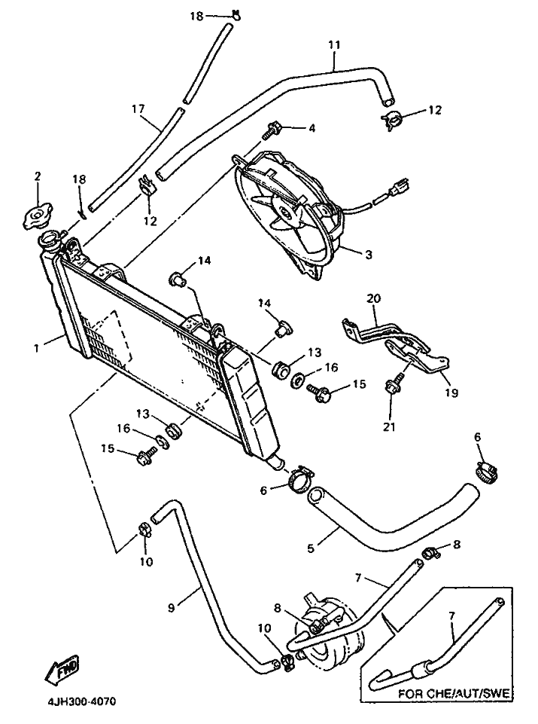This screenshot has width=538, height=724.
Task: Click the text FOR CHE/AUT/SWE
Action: (x=454, y=694)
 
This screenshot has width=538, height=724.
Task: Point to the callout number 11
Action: (x=334, y=44)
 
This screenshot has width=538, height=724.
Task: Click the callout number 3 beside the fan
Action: (x=369, y=254)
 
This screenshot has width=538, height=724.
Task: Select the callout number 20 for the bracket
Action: (x=374, y=298)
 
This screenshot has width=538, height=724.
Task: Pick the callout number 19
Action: (x=451, y=393)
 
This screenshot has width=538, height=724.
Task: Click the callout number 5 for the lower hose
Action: (x=311, y=548)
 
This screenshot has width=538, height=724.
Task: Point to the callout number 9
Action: (x=172, y=608)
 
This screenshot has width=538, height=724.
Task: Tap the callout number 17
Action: (x=138, y=109)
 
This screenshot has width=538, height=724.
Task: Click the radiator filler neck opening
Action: (x=49, y=240)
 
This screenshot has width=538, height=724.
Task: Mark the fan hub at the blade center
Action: (x=285, y=213)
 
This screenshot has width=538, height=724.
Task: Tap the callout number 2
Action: (x=38, y=176)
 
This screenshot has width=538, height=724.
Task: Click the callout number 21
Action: (x=390, y=427)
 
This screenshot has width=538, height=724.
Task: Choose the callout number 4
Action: (x=312, y=128)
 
